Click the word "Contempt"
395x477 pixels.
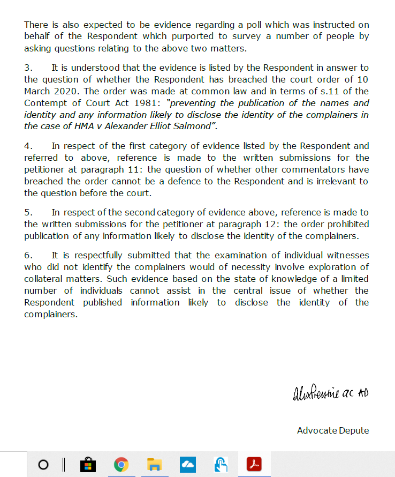tap(45, 103)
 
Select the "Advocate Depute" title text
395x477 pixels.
tap(332, 430)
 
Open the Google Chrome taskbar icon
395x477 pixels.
tap(121, 465)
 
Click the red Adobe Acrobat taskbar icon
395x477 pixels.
tap(254, 465)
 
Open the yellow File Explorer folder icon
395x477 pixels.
tap(154, 465)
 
